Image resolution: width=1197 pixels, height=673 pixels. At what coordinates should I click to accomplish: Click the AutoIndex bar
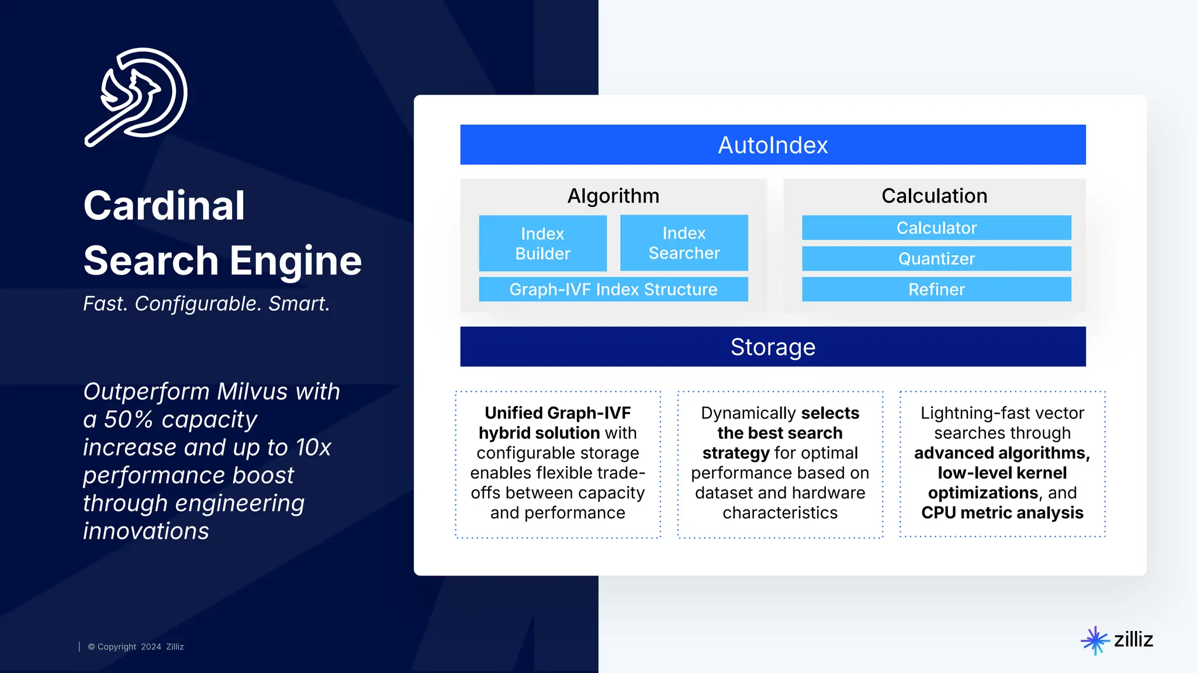[773, 145]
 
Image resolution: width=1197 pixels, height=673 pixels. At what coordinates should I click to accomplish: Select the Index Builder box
[542, 244]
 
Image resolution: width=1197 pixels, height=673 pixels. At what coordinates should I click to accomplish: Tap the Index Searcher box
[684, 243]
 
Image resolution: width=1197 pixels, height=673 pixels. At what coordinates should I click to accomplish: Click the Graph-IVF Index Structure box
[613, 289]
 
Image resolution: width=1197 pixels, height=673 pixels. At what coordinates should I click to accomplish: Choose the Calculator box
[936, 228]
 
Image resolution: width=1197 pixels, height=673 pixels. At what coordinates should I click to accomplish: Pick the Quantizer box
[936, 259]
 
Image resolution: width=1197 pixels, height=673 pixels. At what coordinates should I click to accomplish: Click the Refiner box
[936, 289]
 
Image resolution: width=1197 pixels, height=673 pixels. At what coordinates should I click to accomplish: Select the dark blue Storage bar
[773, 346]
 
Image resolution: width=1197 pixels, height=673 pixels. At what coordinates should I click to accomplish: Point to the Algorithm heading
[613, 196]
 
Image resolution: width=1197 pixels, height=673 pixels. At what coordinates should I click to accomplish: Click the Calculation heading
[934, 196]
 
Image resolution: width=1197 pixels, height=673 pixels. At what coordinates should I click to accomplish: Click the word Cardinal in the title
[164, 206]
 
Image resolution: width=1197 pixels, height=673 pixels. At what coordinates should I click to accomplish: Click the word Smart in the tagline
[299, 304]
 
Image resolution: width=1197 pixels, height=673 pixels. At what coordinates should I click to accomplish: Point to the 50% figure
[128, 419]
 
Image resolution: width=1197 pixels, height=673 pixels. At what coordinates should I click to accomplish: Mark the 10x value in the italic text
[313, 447]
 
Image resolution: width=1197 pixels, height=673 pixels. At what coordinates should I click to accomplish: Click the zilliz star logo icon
[1094, 640]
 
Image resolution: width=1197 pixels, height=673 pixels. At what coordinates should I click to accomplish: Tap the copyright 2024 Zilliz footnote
[136, 647]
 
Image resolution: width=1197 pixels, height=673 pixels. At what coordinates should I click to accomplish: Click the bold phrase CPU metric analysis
[1002, 513]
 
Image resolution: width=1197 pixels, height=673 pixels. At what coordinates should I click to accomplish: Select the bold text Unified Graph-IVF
[558, 413]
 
